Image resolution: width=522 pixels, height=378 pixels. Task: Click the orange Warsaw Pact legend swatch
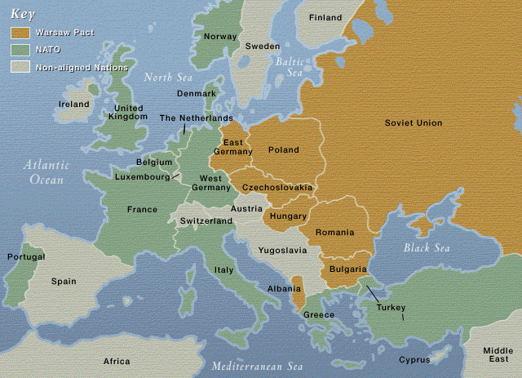click(x=20, y=33)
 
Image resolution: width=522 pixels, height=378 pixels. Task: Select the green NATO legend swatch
click(x=20, y=50)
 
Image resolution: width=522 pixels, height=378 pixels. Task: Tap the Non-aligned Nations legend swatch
click(x=20, y=66)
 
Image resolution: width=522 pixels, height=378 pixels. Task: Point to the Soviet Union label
click(x=414, y=122)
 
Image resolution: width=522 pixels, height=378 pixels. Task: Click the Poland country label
click(x=283, y=150)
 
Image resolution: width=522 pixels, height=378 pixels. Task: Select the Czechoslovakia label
click(x=277, y=188)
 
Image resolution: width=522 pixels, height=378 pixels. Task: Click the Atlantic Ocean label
click(x=46, y=171)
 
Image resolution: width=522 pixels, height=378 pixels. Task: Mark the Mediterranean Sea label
click(x=257, y=367)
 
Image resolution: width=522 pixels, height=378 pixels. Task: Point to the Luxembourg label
click(x=143, y=176)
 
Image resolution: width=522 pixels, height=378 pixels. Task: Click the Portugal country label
click(x=26, y=256)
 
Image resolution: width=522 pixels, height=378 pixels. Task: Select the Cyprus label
click(x=414, y=360)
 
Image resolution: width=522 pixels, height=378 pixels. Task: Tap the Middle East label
click(x=498, y=354)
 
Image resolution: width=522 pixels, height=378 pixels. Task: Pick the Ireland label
click(x=73, y=105)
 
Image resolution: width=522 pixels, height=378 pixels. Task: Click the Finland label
click(x=325, y=17)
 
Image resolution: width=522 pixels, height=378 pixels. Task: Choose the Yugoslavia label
click(x=282, y=250)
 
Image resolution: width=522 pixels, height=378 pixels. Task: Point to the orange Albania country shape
click(x=297, y=285)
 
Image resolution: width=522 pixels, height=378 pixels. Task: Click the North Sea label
click(x=167, y=78)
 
